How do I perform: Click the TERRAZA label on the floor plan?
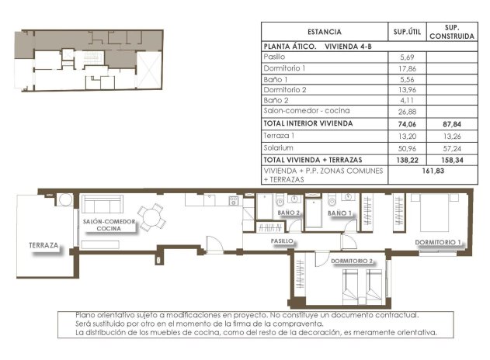coord(43,245)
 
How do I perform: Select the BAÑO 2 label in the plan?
coord(287,213)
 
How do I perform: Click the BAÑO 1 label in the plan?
coord(339,213)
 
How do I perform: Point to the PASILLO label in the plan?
coord(282,241)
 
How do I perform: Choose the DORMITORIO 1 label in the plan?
coord(438,243)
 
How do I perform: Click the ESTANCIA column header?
coord(324,32)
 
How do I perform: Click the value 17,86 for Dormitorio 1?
coord(408,68)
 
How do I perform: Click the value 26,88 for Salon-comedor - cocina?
coord(408,111)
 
